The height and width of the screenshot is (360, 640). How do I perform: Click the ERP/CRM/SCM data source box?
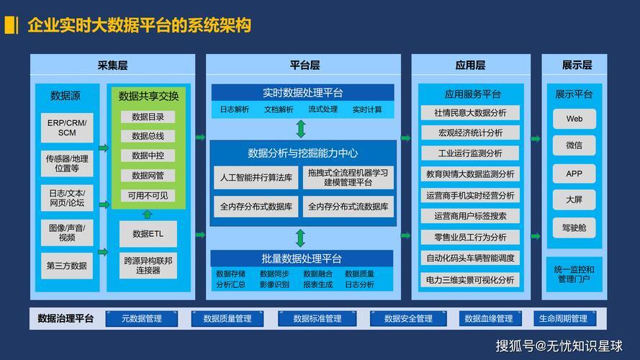point(67,127)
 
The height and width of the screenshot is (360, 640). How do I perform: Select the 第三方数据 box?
point(67,266)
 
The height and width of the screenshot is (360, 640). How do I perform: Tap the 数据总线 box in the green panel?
point(148,136)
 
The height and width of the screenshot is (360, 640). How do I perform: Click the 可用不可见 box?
point(148,196)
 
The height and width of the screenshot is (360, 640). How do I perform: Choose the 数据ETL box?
point(148,234)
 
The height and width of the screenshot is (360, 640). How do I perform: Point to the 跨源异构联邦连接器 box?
point(148,265)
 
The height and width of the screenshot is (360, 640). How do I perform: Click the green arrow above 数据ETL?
point(148,215)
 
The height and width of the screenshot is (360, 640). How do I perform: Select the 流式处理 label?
point(323,109)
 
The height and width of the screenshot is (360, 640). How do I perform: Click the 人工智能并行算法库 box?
point(256,178)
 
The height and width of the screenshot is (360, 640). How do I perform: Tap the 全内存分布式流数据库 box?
point(348,207)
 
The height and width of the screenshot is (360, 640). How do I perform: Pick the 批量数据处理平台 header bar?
point(302,258)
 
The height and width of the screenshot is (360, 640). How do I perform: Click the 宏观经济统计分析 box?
point(470,132)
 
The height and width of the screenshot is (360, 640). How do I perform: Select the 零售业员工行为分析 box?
point(470,237)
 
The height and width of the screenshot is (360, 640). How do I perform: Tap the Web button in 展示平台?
point(574,119)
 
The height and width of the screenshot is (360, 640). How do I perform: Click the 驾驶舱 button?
point(574,228)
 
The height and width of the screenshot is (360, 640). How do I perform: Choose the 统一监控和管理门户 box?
point(574,274)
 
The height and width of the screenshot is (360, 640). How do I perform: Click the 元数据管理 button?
point(142,319)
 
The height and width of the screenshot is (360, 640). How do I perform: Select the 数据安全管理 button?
point(408,319)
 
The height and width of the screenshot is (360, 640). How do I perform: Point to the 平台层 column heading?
point(305,66)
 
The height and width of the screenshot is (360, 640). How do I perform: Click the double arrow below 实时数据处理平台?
point(301,129)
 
